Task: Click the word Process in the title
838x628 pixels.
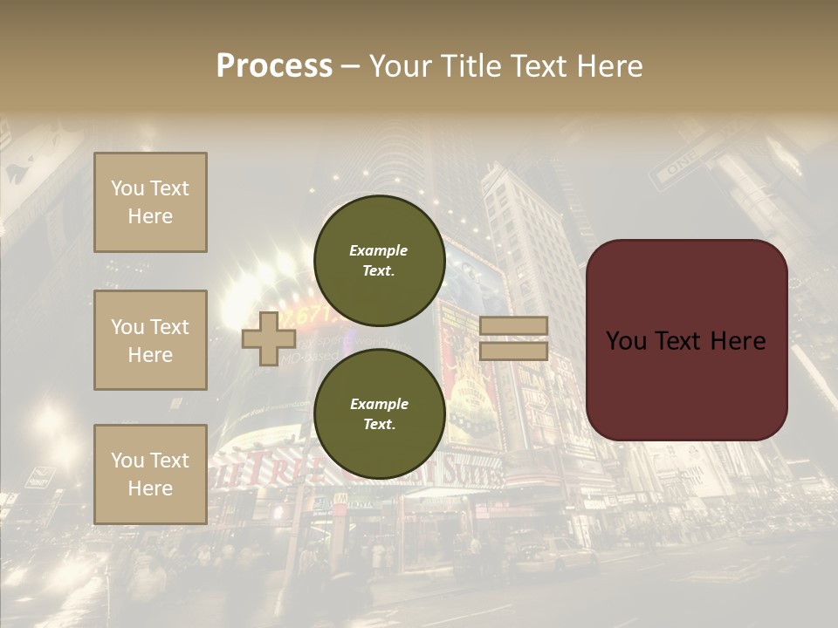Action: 274,66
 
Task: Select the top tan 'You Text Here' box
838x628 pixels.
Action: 150,202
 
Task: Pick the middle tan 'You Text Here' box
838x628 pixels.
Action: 150,340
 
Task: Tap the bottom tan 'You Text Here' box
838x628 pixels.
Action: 150,474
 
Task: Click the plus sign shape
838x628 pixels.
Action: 269,338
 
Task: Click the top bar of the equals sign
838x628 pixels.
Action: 514,325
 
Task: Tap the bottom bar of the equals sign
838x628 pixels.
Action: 514,352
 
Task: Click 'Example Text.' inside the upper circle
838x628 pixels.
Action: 379,260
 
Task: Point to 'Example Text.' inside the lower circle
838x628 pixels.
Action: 379,413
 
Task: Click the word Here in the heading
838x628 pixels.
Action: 608,66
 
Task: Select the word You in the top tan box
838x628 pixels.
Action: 127,188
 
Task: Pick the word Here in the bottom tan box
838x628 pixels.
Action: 150,488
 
